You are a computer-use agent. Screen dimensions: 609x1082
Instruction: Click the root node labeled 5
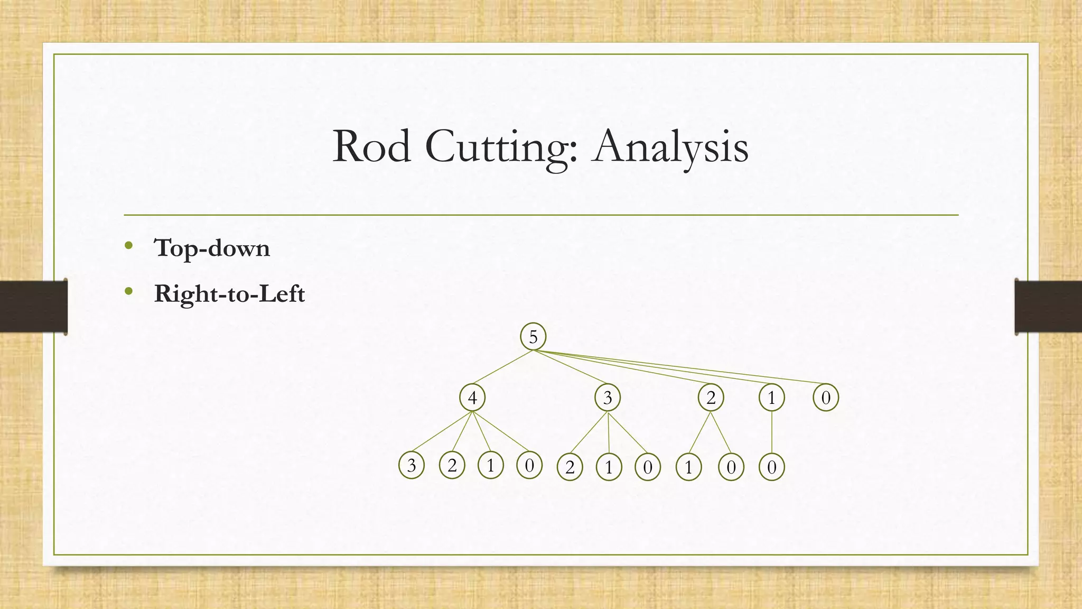click(x=533, y=337)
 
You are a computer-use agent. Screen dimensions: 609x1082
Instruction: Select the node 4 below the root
click(x=472, y=398)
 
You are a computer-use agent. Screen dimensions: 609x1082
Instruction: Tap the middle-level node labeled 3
click(x=608, y=398)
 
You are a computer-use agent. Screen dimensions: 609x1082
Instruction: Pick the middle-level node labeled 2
click(x=711, y=398)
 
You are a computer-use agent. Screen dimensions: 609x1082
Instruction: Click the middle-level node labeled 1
click(x=771, y=398)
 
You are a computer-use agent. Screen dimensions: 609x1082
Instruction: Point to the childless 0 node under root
click(x=826, y=398)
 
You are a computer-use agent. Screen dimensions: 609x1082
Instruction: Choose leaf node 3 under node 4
click(x=412, y=466)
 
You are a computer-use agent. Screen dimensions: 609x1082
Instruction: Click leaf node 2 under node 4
click(x=452, y=466)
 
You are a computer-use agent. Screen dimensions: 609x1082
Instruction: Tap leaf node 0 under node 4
click(x=529, y=466)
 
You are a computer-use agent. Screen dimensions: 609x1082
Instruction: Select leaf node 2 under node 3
click(x=570, y=467)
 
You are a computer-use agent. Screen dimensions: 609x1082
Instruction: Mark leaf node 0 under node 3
click(x=647, y=467)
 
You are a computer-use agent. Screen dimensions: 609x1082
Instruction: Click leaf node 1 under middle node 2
click(x=688, y=467)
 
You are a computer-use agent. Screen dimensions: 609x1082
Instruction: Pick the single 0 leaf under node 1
click(x=771, y=467)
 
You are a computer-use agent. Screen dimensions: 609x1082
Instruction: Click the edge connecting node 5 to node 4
click(x=502, y=367)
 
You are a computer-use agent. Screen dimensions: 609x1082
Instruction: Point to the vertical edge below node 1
click(x=772, y=432)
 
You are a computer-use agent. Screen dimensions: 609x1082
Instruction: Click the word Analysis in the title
click(x=671, y=146)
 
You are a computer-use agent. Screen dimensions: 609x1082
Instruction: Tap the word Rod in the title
click(x=372, y=146)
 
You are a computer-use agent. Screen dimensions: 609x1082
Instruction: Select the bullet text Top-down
click(x=212, y=248)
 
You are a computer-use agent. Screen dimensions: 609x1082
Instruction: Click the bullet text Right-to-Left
click(x=229, y=293)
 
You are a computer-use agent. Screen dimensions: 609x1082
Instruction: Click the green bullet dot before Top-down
click(x=128, y=245)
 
